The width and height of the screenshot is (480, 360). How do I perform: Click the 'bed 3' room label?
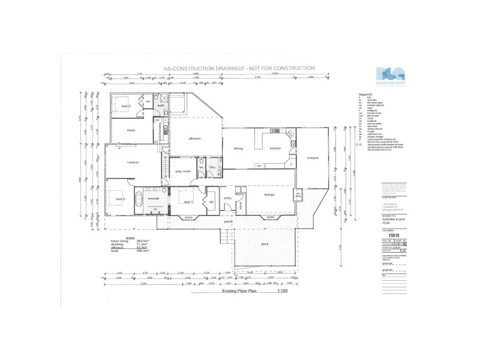(x=127, y=106)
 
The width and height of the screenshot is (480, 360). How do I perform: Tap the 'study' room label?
(x=131, y=130)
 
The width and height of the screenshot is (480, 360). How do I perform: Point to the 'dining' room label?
(x=238, y=148)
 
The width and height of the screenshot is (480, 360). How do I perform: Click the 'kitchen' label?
(x=275, y=148)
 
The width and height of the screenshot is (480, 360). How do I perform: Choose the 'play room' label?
(x=182, y=171)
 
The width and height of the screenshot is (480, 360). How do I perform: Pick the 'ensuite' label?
(x=153, y=197)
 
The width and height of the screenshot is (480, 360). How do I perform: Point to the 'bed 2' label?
(x=120, y=199)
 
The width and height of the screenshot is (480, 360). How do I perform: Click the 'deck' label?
(x=265, y=244)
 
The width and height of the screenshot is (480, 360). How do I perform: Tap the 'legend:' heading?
(x=365, y=94)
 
